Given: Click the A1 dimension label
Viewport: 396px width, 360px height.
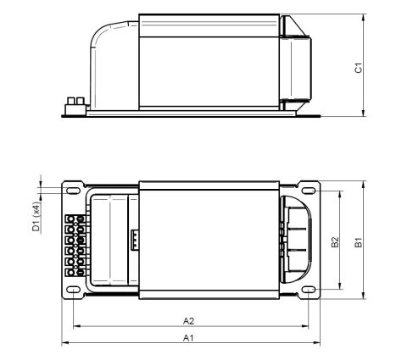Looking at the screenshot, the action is coord(188,338).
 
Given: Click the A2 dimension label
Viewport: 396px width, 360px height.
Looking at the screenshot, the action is coord(188,321).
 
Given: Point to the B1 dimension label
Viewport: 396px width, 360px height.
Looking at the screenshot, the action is coord(359,242).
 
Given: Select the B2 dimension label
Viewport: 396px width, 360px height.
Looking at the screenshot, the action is coord(335,242).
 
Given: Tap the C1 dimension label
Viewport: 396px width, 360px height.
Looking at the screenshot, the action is coord(359,68).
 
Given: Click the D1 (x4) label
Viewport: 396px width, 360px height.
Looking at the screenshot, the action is coord(36,216).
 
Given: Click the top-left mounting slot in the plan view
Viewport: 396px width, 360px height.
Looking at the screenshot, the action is coord(73,191).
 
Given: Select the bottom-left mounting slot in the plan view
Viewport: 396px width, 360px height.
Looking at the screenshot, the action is coord(73,290).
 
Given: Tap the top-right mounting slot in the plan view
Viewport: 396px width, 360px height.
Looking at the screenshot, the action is coord(309,191).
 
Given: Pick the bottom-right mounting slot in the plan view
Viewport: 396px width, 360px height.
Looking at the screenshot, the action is coord(309,290).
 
